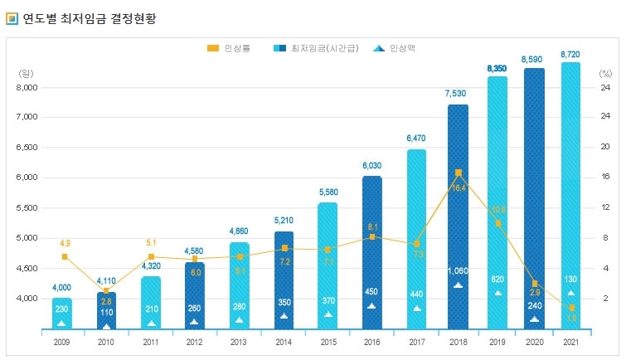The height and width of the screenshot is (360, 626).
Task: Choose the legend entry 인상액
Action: pyautogui.click(x=400, y=49)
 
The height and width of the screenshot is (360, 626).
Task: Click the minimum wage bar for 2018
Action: pyautogui.click(x=458, y=216)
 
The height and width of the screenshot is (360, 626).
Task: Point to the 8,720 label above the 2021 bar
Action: pyautogui.click(x=570, y=54)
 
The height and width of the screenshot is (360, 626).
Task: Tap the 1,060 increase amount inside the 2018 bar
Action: pyautogui.click(x=458, y=270)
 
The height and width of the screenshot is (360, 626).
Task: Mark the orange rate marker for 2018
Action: pyautogui.click(x=458, y=173)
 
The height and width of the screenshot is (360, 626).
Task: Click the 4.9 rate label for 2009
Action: pyautogui.click(x=64, y=243)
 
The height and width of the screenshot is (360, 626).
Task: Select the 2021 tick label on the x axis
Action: pyautogui.click(x=570, y=341)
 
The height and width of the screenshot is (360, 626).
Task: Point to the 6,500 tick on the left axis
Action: pyautogui.click(x=27, y=147)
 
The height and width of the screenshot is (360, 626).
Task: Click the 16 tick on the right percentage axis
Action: pyautogui.click(x=605, y=177)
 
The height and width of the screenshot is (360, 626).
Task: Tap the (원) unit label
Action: pyautogui.click(x=26, y=73)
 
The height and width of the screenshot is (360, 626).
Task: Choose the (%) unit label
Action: pyautogui.click(x=604, y=73)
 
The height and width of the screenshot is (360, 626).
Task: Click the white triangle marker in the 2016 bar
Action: pyautogui.click(x=371, y=306)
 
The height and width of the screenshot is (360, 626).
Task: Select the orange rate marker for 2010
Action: pyautogui.click(x=106, y=290)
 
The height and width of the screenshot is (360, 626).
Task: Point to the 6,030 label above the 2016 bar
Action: pyautogui.click(x=371, y=165)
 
